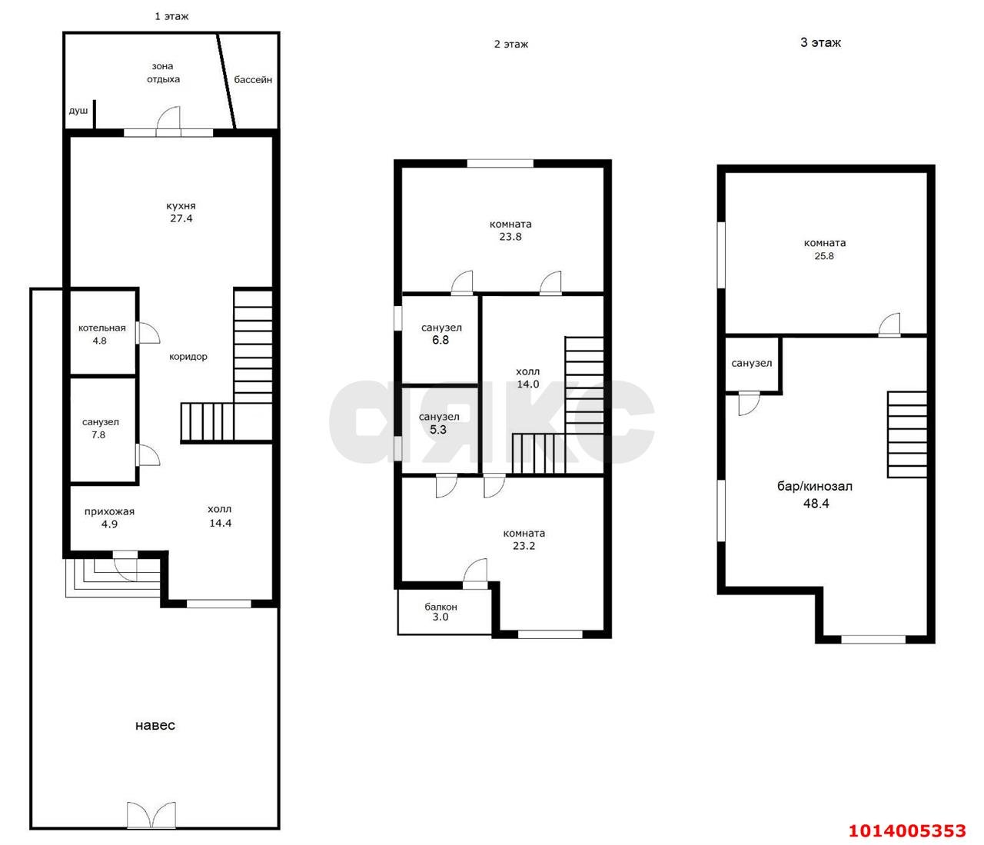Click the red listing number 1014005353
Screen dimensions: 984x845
(x=907, y=830)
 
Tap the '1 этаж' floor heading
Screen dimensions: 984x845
(x=171, y=17)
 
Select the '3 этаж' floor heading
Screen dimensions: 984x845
(x=821, y=42)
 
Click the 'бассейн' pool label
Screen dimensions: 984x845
(x=253, y=79)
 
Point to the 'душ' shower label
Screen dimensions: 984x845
(x=78, y=111)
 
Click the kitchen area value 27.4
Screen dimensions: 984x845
(x=181, y=218)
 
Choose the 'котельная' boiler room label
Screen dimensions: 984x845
(x=102, y=328)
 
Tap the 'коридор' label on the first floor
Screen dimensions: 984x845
(x=188, y=357)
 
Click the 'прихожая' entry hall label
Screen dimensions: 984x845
(x=109, y=512)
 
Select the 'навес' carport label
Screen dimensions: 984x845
(x=155, y=725)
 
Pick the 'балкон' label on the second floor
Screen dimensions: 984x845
(x=440, y=607)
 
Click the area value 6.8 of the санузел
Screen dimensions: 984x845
(x=440, y=340)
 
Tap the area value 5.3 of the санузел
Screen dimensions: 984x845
(x=438, y=429)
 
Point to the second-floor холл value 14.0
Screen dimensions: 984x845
(x=528, y=384)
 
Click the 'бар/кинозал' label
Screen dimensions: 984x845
(x=815, y=486)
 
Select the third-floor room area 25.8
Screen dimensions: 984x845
(x=824, y=256)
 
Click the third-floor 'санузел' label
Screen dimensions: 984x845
(x=752, y=363)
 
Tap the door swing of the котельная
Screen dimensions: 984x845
(x=148, y=333)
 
